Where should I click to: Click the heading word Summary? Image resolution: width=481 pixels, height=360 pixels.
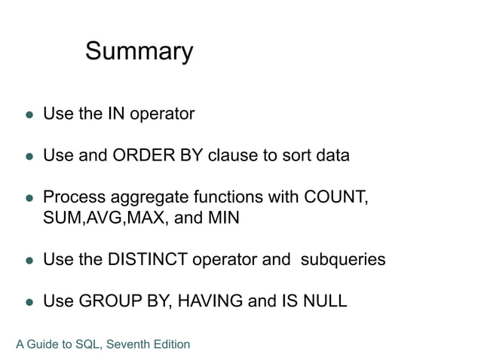(139, 52)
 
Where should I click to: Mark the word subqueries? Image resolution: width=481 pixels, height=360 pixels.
(343, 260)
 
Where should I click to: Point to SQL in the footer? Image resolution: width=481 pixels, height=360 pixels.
(88, 345)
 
